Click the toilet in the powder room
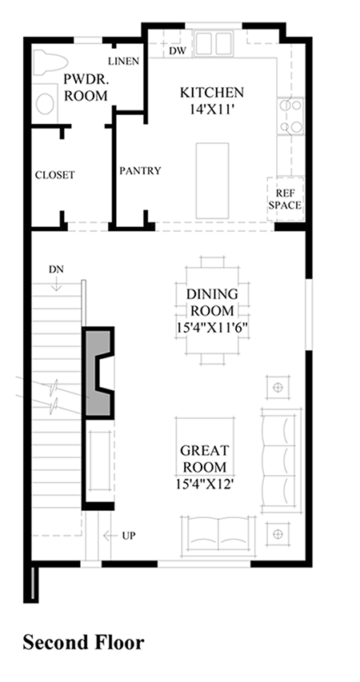point(50,61)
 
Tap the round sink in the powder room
point(45,104)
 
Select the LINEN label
point(124,61)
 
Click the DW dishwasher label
point(177,51)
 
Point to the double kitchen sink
point(214,43)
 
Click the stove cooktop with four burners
point(290,116)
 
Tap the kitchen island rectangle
point(212,181)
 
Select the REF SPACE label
point(285,199)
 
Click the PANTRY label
point(140,171)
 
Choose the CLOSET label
point(55,175)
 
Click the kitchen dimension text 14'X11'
point(212,110)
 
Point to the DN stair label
point(56,269)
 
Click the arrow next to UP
point(110,536)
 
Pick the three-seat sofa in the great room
point(282,460)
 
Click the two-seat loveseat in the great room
point(218,536)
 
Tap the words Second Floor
point(83,642)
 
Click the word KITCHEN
point(212,93)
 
